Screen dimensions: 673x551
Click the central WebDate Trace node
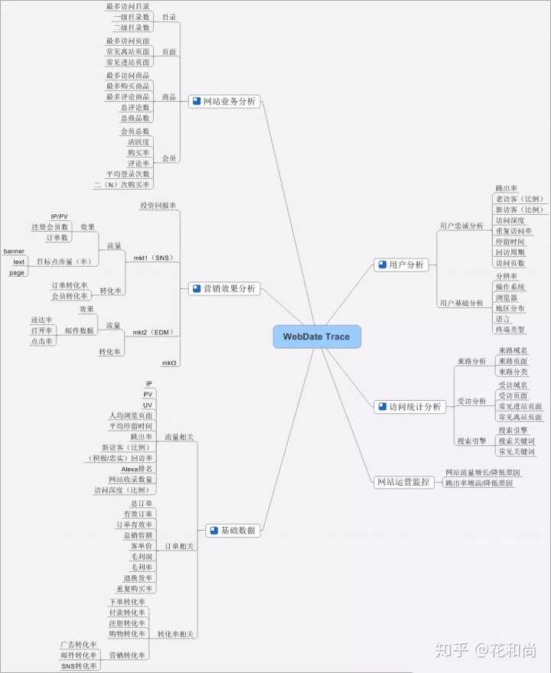[316, 336]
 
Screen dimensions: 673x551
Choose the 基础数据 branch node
[233, 530]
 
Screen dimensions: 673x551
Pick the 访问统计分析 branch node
[409, 407]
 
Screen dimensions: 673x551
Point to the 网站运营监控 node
[403, 482]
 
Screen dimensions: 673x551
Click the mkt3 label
[169, 362]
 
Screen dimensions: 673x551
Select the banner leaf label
[15, 251]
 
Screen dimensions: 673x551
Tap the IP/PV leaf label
[59, 216]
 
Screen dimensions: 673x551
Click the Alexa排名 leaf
[137, 468]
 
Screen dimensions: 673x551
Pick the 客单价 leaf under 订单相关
[142, 546]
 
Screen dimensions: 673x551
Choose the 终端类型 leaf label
[510, 330]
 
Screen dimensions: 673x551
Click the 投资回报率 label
[158, 206]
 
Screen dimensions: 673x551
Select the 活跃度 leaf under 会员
[139, 141]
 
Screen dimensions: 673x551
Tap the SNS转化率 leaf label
[80, 666]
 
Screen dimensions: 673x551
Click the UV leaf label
[148, 405]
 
